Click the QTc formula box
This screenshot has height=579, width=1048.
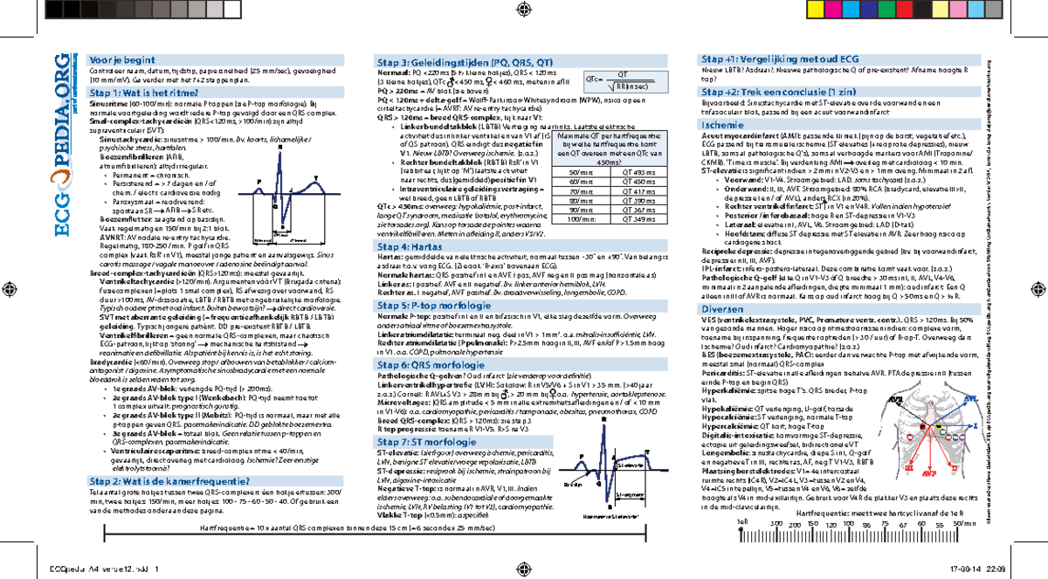point(617,81)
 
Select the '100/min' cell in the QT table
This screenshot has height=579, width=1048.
point(585,219)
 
